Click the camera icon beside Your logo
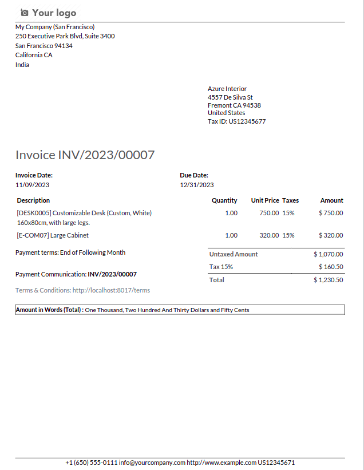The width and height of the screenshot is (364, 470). pyautogui.click(x=24, y=13)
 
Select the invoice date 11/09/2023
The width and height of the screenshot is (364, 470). pyautogui.click(x=32, y=185)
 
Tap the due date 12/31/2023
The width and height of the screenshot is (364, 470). pyautogui.click(x=197, y=185)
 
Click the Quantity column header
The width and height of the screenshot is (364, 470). pyautogui.click(x=224, y=200)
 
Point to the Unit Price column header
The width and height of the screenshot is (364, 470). pyautogui.click(x=265, y=200)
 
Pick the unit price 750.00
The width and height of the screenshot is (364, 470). pyautogui.click(x=269, y=213)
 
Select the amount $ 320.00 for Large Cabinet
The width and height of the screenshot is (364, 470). pyautogui.click(x=331, y=235)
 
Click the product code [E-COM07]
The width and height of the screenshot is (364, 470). pyautogui.click(x=33, y=235)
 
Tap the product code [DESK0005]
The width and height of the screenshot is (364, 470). pyautogui.click(x=34, y=213)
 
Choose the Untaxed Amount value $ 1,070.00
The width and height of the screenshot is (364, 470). pyautogui.click(x=329, y=254)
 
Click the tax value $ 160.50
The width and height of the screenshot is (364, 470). pyautogui.click(x=331, y=267)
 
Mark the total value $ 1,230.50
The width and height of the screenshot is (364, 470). pyautogui.click(x=329, y=280)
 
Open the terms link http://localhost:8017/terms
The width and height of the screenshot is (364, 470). pyautogui.click(x=111, y=290)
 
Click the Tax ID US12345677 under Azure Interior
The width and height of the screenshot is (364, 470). pyautogui.click(x=247, y=121)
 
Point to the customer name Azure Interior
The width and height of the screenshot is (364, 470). pyautogui.click(x=227, y=89)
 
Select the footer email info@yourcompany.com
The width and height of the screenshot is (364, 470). pyautogui.click(x=153, y=463)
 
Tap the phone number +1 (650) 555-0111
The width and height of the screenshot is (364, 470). pyautogui.click(x=92, y=463)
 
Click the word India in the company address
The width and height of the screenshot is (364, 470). pyautogui.click(x=22, y=65)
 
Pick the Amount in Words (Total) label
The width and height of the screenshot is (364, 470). pyautogui.click(x=49, y=310)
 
